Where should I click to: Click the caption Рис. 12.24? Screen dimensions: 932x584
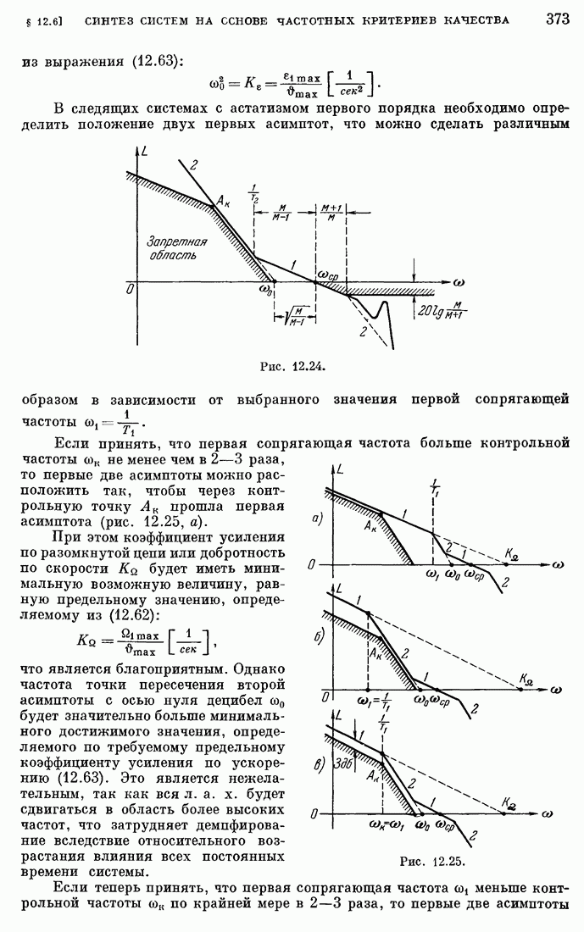292,366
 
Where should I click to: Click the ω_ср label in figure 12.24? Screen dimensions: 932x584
329,275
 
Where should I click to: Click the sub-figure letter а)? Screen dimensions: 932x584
317,519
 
